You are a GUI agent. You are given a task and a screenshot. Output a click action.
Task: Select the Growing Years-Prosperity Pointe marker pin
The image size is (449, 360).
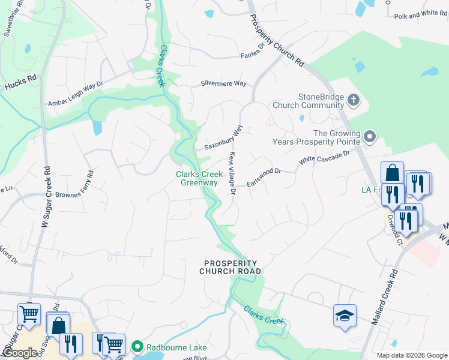click(x=370, y=138)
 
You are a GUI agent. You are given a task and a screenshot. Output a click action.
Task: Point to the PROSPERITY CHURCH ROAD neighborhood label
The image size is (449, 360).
click(x=231, y=268)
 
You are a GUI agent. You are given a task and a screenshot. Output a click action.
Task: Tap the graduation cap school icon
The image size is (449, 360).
click(x=345, y=316)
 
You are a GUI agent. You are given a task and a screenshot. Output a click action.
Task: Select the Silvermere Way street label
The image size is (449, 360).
click(x=223, y=83)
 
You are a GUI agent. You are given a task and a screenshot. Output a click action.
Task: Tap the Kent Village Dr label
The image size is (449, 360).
click(x=231, y=173)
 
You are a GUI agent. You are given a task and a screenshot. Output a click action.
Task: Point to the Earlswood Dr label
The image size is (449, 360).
click(x=264, y=178)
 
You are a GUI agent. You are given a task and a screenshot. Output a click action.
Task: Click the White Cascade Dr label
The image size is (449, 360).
click(x=324, y=158)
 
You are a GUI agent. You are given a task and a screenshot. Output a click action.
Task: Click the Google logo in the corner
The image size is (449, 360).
click(x=19, y=353)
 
